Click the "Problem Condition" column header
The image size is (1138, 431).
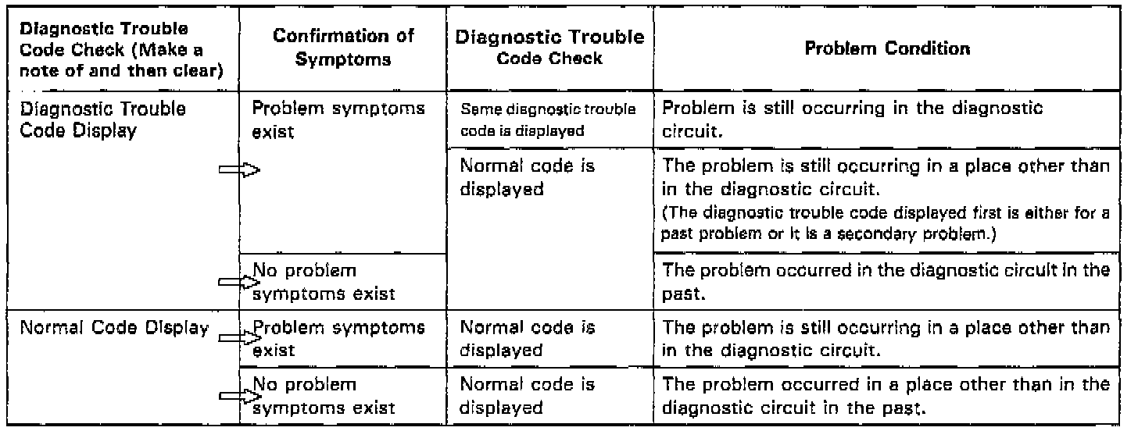tap(886, 49)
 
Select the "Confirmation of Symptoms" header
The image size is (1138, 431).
tap(344, 48)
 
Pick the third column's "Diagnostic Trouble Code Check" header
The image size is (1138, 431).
tap(551, 48)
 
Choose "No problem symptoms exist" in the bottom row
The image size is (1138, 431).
tap(324, 396)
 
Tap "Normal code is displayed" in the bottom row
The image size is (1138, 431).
tap(528, 396)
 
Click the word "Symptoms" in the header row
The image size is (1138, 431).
tap(345, 59)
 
